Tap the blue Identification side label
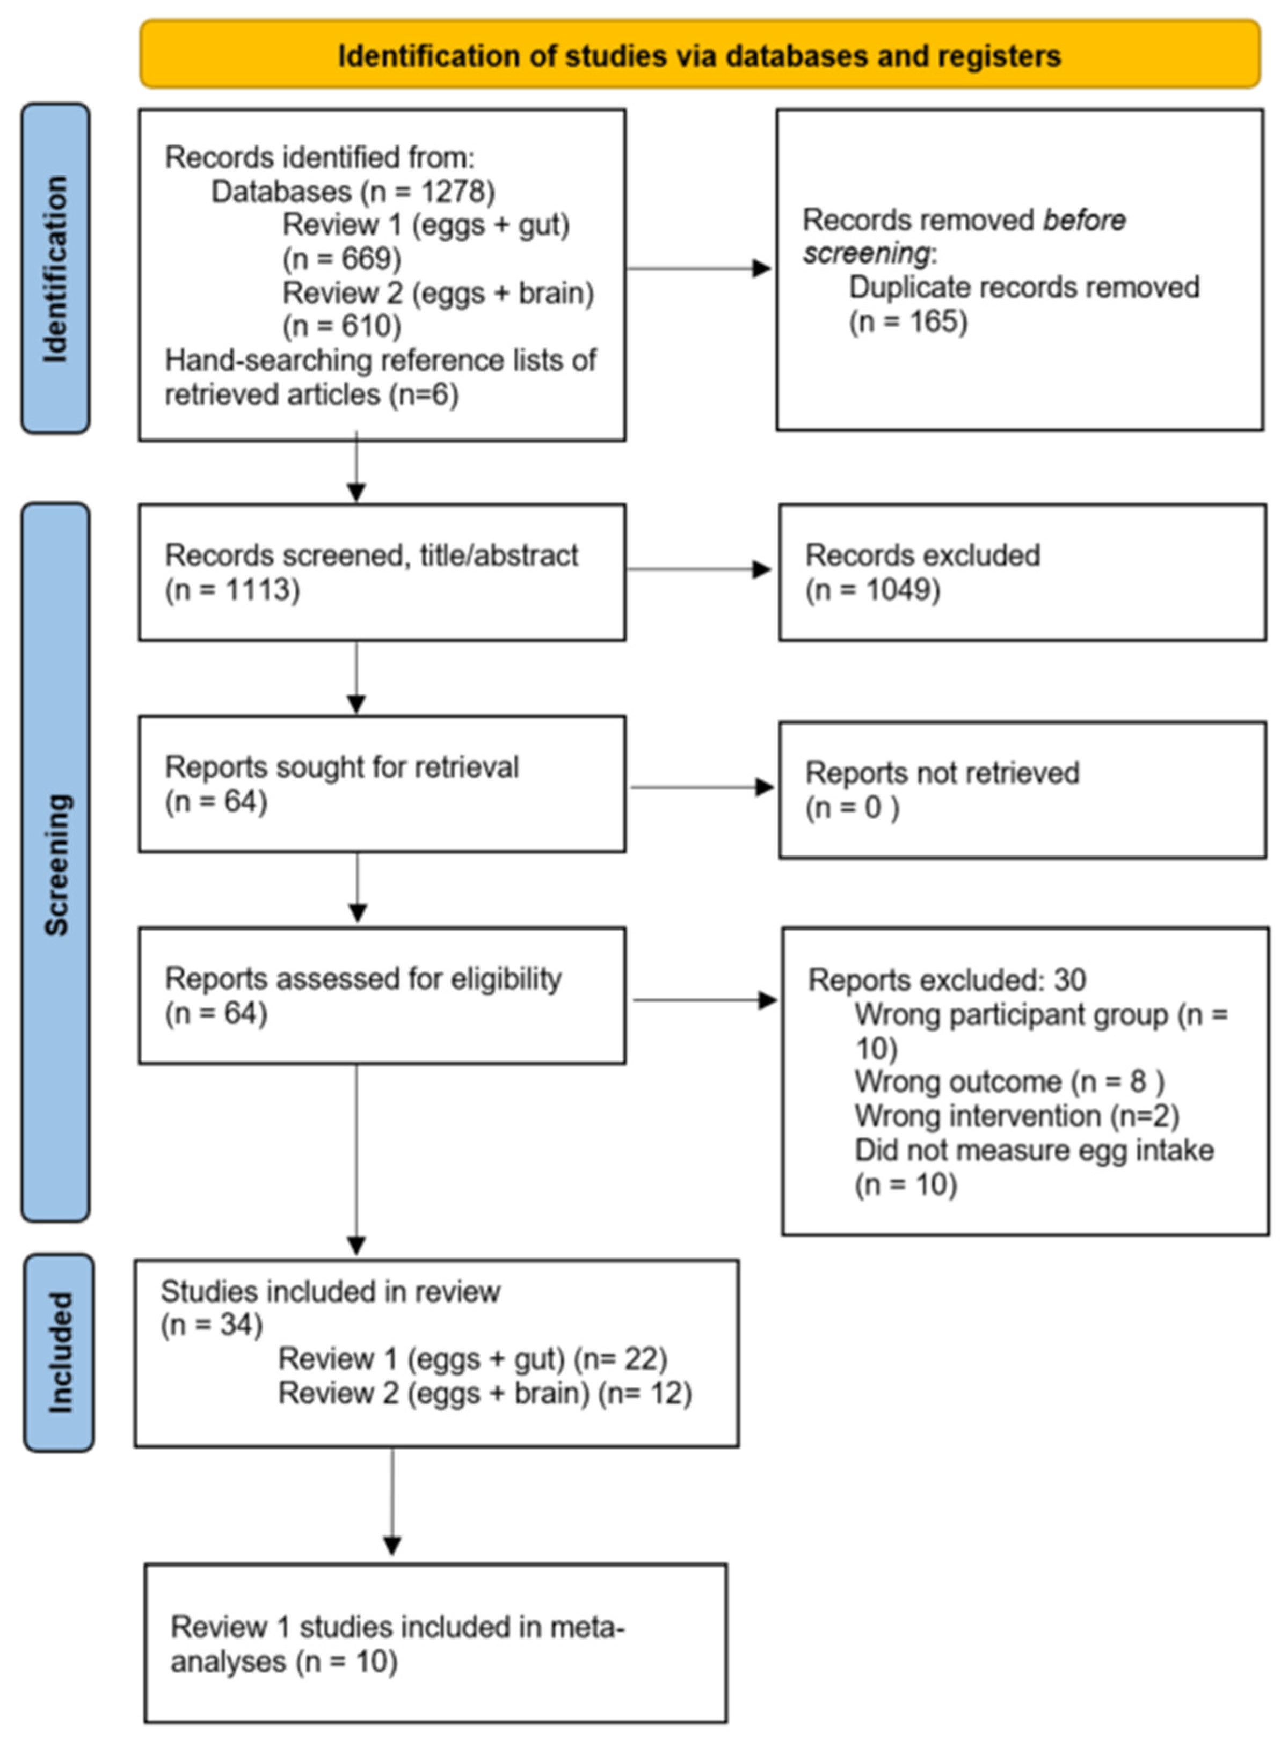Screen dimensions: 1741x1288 point(55,269)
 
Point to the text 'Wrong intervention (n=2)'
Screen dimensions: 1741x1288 point(1016,1116)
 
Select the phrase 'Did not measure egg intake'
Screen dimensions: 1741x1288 point(1034,1150)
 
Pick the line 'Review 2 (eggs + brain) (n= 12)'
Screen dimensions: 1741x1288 point(485,1393)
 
